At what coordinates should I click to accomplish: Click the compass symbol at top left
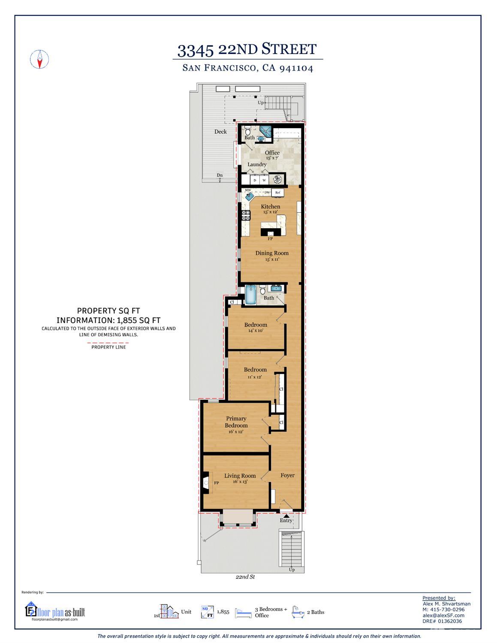click(39, 59)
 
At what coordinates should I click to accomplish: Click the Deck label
click(220, 132)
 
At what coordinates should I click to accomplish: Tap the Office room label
click(272, 153)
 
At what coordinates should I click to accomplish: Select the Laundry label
click(257, 164)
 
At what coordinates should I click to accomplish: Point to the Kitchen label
click(270, 207)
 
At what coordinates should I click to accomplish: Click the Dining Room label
click(272, 253)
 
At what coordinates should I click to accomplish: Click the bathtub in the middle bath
click(251, 295)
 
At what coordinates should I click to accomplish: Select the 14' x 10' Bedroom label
click(256, 325)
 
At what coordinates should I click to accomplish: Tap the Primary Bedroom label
click(236, 422)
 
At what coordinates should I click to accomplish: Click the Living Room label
click(240, 476)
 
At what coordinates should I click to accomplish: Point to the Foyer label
click(287, 475)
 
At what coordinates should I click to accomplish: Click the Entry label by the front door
click(286, 520)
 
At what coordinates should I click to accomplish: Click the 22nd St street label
click(245, 577)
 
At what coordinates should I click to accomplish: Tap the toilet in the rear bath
click(248, 132)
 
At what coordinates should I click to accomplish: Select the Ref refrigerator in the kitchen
click(277, 193)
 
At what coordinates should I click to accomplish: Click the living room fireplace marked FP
click(206, 483)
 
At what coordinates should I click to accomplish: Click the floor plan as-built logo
click(55, 611)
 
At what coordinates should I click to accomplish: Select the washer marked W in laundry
click(264, 181)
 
